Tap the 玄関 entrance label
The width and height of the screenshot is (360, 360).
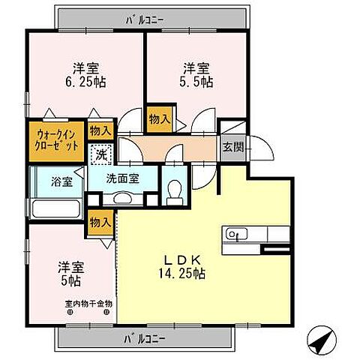(232, 147)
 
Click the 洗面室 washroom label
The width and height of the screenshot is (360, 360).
(122, 180)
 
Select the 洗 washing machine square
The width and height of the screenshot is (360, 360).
(100, 155)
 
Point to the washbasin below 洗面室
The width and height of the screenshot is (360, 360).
(122, 198)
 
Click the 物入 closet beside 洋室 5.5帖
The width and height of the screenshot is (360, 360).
(159, 118)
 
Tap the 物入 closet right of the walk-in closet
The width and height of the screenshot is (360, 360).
(100, 130)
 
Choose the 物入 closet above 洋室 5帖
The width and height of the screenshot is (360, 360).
(100, 221)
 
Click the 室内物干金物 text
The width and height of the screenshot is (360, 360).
(88, 304)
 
